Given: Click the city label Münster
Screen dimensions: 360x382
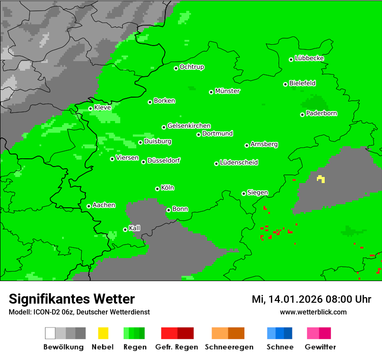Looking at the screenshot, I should [227, 91].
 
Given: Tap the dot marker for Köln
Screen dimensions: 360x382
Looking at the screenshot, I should [157, 189].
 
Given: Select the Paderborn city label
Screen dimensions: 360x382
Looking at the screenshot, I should [322, 113].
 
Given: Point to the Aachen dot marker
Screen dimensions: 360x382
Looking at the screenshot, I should [89, 206].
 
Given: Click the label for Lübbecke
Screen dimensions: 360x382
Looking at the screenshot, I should [310, 58].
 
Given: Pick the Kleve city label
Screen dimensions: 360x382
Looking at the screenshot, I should [102, 108].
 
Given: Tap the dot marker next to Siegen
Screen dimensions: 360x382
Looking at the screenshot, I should [244, 193].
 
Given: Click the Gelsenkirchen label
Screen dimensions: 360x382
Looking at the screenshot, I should [189, 126].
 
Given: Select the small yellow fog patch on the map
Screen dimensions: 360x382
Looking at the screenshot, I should [321, 179].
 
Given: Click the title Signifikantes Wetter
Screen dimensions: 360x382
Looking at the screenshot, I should [72, 299].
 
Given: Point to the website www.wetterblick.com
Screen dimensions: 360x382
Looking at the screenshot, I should [313, 312].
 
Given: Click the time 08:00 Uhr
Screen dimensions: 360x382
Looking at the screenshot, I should [346, 299].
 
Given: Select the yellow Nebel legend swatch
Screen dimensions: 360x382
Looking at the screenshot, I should [103, 333].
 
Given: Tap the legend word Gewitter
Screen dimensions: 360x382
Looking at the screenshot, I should [320, 347].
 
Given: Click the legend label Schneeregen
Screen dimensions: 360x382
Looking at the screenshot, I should [229, 347].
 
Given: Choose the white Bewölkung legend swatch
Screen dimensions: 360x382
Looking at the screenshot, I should [50, 333].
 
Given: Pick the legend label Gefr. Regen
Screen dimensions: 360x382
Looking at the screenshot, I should [176, 347].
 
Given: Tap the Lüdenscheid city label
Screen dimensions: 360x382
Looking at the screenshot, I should [239, 163].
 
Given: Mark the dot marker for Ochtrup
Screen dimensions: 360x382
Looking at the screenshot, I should [176, 68].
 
